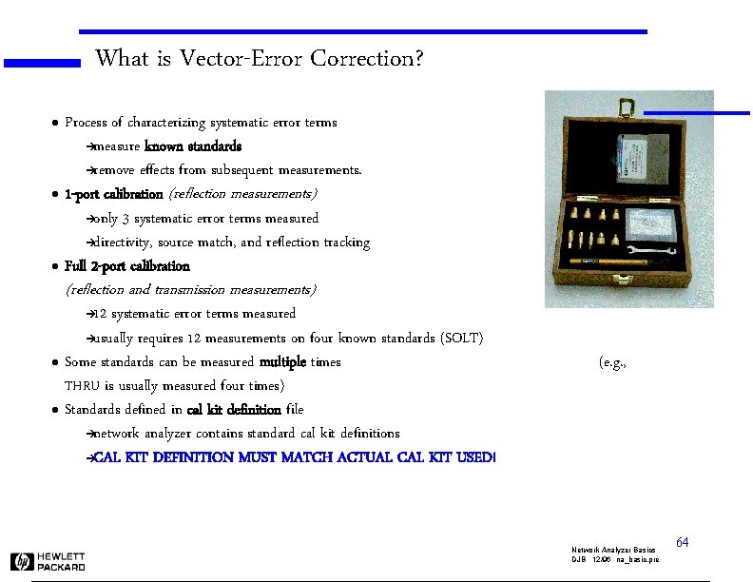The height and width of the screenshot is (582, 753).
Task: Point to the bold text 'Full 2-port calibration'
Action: point(126,266)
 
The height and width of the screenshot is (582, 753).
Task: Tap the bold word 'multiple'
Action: point(282,362)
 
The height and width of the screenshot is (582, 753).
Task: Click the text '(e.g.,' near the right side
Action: point(612,362)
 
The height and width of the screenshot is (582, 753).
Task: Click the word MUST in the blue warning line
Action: point(263,457)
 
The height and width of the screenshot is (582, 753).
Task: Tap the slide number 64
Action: point(682,542)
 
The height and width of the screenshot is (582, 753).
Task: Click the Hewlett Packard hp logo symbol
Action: point(22,561)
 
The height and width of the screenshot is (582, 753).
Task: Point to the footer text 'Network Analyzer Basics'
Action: point(613,551)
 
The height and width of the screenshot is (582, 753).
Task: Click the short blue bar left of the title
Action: point(42,64)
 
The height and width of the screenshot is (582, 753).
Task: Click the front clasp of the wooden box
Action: point(624,280)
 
